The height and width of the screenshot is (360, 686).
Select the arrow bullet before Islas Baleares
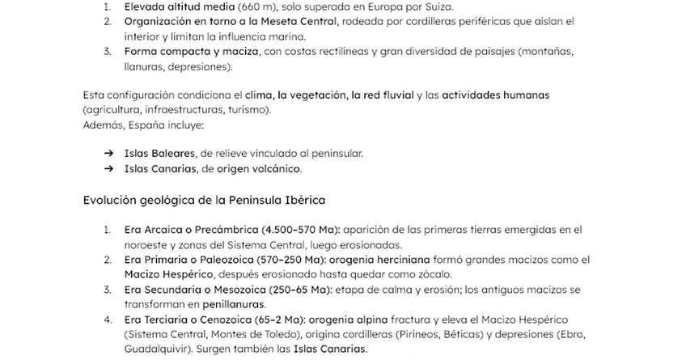point(108,153)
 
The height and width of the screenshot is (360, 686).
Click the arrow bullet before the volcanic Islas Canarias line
point(108,169)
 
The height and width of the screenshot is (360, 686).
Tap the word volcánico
point(274,169)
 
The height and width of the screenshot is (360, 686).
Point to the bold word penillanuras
point(235,304)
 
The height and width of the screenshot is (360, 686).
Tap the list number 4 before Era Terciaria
point(108,320)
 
